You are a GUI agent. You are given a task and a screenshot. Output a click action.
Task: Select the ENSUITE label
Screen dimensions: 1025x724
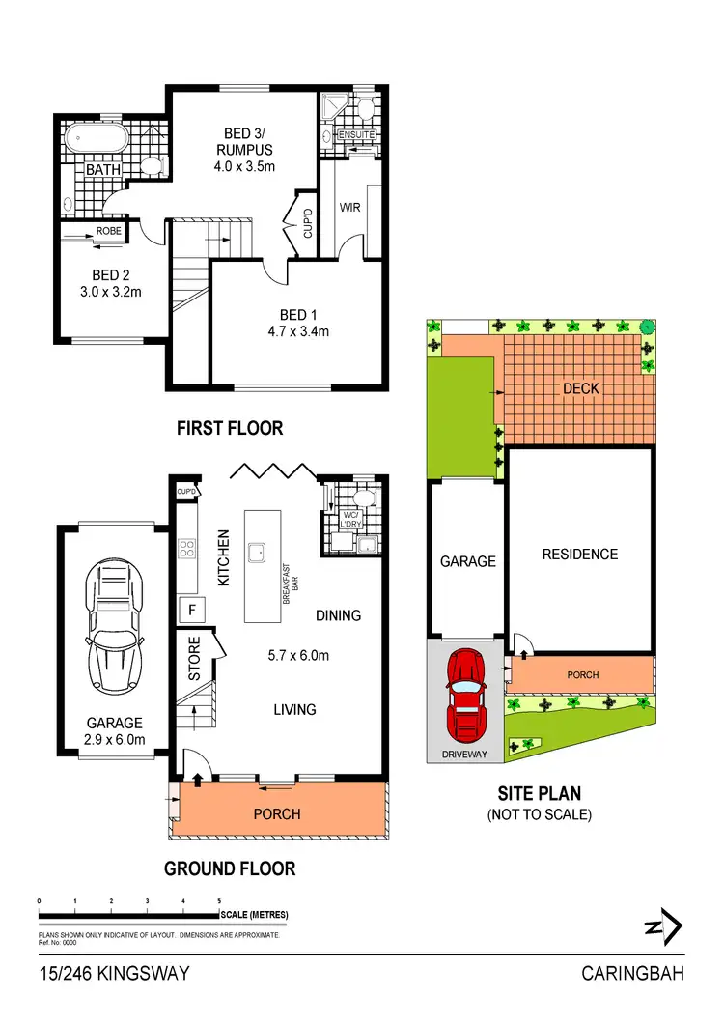click(356, 135)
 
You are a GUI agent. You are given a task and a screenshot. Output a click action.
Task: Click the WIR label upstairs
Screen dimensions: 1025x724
click(349, 207)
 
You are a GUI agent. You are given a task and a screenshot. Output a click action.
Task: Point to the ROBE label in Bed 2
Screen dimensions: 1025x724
click(108, 231)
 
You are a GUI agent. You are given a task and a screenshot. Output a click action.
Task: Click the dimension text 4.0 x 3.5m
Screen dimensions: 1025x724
click(244, 166)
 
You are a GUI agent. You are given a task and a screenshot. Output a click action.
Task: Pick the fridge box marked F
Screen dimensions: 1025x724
click(192, 610)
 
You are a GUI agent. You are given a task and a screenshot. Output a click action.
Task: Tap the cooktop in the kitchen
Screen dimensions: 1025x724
click(187, 551)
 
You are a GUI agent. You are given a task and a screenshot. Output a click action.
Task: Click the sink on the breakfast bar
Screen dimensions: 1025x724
click(258, 553)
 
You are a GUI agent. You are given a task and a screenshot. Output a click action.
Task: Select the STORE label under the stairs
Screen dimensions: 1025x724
click(194, 658)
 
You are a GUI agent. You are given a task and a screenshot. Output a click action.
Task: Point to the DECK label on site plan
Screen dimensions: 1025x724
click(580, 388)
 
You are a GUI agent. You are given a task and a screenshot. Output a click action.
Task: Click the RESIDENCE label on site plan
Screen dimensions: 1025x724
click(579, 554)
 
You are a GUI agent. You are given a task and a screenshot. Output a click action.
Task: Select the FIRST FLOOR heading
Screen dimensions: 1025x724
click(230, 427)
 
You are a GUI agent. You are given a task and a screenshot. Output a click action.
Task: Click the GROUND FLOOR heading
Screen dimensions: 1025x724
click(230, 868)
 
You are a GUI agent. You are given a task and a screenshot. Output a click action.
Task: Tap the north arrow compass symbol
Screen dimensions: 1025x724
click(665, 927)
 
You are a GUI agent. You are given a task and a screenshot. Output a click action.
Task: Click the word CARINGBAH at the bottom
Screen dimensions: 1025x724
click(632, 974)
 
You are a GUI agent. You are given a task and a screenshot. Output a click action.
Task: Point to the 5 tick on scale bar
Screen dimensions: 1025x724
click(219, 900)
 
